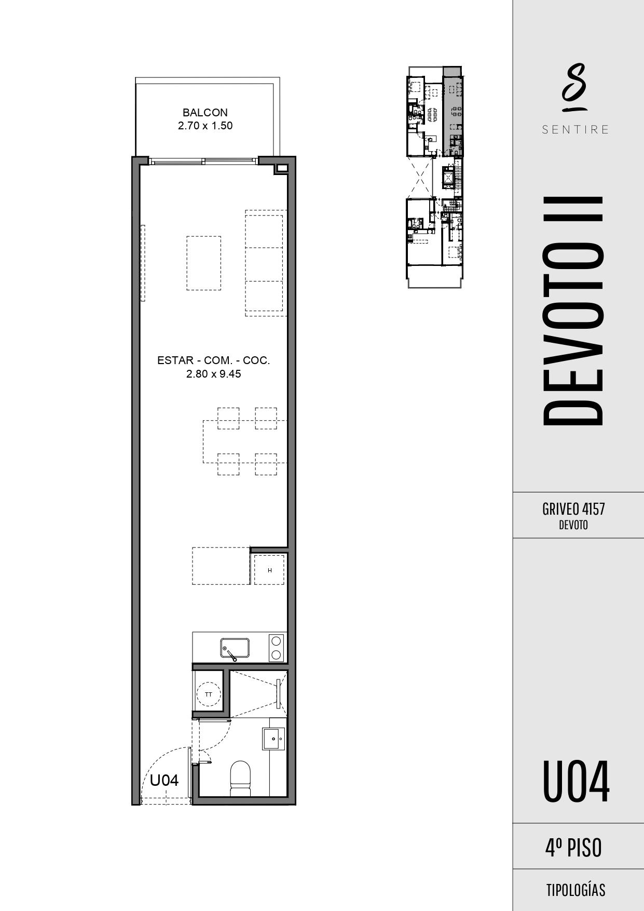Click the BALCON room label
205,112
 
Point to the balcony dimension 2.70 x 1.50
205,126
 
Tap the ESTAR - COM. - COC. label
214,360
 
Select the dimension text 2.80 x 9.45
214,374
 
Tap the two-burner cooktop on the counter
277,647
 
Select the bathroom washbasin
273,739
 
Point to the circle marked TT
209,694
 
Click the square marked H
269,570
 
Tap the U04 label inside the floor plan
165,780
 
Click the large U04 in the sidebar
576,782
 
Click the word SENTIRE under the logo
575,130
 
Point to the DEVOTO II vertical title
573,311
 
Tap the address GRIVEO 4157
573,509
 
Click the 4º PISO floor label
573,848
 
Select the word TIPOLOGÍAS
576,890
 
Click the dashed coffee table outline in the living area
203,263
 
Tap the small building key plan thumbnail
434,177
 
